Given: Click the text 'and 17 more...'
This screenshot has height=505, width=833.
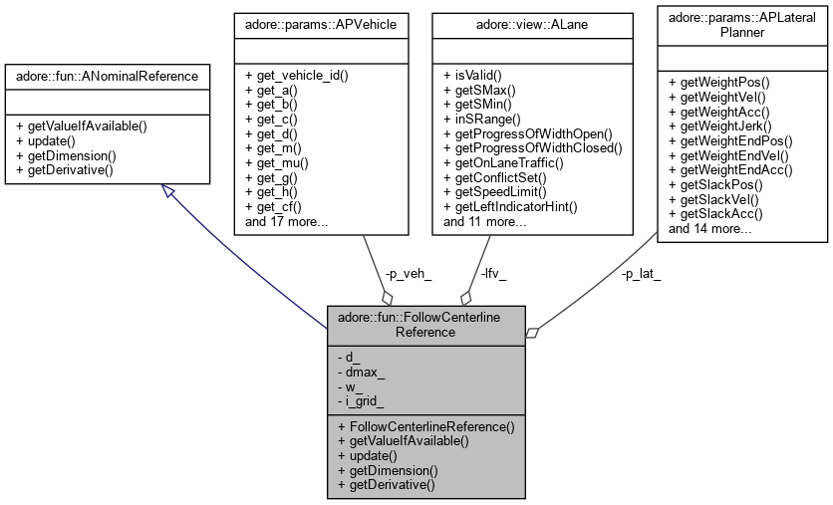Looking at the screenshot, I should [287, 221].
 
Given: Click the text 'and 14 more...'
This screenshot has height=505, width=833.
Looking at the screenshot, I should [710, 228].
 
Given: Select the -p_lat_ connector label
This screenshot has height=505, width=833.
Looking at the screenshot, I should [642, 272].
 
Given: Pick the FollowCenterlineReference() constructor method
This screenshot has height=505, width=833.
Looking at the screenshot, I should [425, 426].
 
